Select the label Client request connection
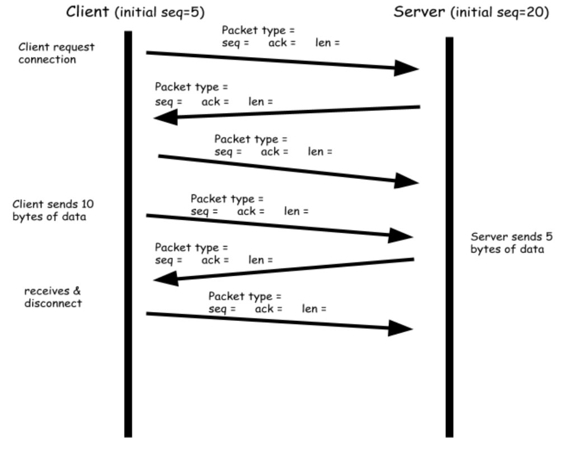[49, 54]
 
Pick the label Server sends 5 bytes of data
[506, 243]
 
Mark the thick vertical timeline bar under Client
[128, 235]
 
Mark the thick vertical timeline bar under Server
[449, 235]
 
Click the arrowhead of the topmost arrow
[406, 68]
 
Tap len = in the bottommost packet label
[314, 308]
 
